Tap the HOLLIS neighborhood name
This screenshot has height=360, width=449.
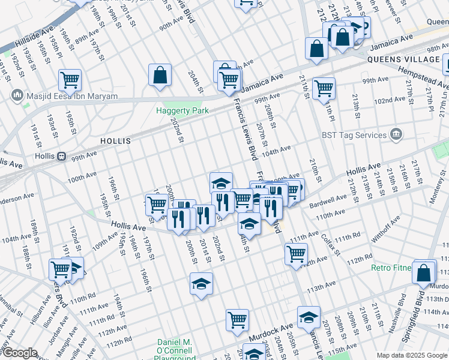(116, 141)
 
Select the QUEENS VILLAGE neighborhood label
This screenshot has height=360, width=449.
(403, 60)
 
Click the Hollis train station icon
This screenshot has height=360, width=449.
(61, 156)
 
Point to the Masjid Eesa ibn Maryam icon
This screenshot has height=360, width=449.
(16, 95)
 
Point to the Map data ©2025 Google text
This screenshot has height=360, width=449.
(411, 355)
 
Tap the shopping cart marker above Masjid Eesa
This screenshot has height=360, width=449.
(70, 79)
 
